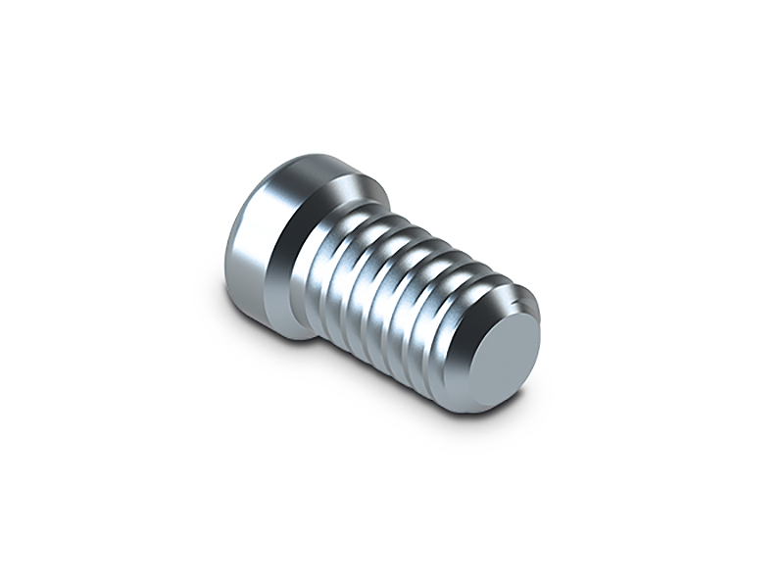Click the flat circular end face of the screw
coord(510,359)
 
